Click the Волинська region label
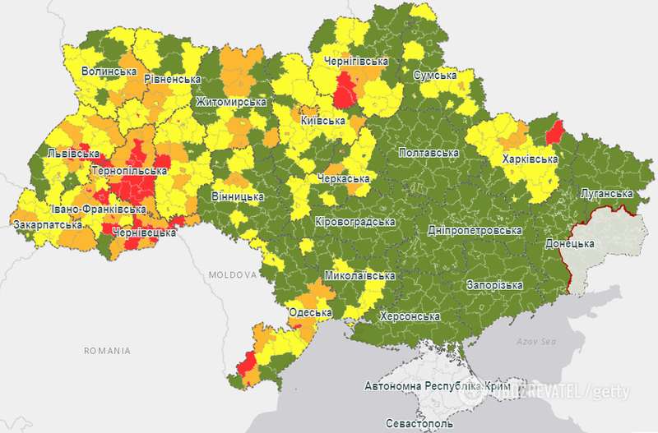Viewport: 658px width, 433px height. click(109, 71)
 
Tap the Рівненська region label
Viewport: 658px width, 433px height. click(173, 79)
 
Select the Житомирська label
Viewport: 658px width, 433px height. click(230, 102)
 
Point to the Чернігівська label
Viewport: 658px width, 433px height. click(355, 62)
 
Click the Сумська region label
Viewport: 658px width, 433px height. click(434, 76)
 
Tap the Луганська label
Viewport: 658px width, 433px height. click(606, 193)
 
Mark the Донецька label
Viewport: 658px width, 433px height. click(569, 244)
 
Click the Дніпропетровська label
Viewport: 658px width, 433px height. click(475, 230)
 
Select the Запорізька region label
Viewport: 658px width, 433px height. click(493, 285)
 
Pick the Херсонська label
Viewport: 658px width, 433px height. click(410, 316)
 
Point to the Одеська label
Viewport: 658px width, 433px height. click(312, 313)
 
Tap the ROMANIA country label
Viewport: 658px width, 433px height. click(107, 351)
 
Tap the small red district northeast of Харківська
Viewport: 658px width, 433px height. click(555, 131)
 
